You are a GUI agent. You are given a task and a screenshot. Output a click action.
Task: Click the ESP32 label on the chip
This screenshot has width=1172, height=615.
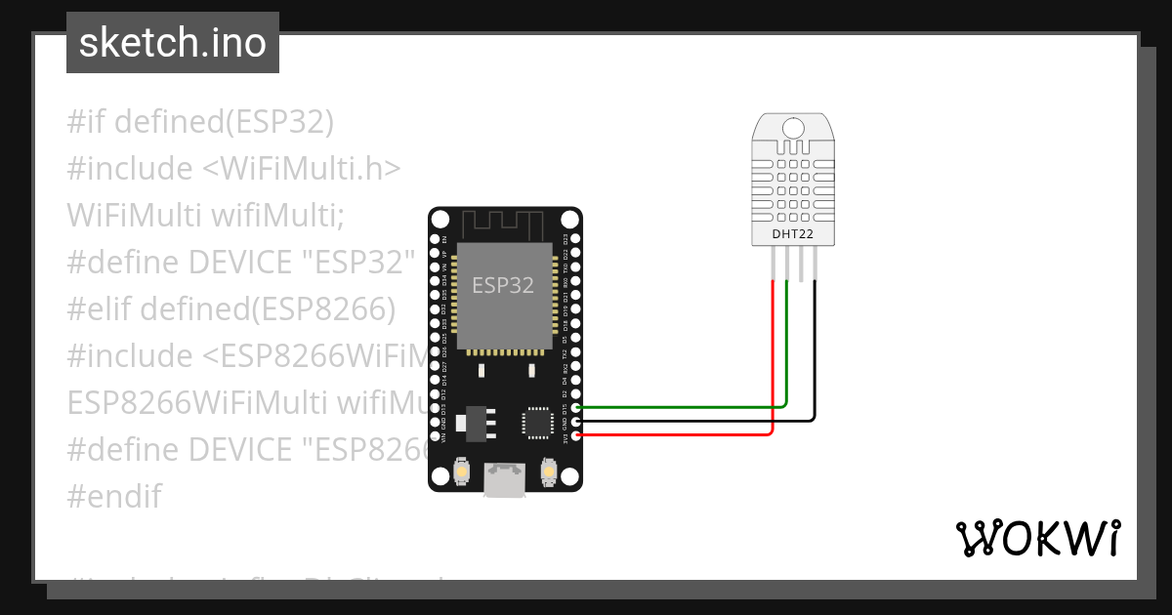503,285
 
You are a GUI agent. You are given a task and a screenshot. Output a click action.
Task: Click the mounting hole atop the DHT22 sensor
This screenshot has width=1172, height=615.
792,128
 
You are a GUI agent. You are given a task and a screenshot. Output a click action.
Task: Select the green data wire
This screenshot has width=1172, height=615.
684,406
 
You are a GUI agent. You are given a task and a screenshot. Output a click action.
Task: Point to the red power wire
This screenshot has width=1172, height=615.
684,435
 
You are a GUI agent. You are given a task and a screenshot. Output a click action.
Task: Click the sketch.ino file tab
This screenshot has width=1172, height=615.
173,43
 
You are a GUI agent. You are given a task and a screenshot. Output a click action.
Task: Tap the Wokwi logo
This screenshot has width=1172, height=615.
1038,538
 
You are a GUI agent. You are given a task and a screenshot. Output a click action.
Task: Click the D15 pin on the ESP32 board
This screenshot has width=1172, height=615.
576,407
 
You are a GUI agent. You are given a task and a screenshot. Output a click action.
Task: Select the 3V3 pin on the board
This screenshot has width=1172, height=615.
576,435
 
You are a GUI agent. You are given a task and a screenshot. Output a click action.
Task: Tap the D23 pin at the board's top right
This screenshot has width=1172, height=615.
576,238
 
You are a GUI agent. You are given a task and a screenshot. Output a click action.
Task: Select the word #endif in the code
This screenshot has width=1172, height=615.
114,496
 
